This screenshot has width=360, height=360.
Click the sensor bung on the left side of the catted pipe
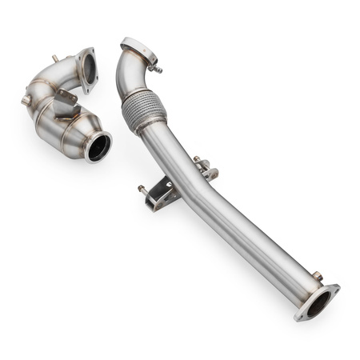[x=26, y=100]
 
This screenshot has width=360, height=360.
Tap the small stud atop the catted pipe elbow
[x=54, y=58]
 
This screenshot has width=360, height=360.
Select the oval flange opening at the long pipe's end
[x=318, y=302]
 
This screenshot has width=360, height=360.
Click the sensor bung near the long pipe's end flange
[x=317, y=276]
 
